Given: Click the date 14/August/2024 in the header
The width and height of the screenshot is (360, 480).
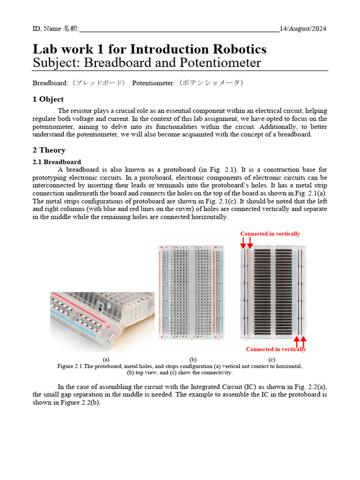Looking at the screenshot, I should pyautogui.click(x=303, y=29).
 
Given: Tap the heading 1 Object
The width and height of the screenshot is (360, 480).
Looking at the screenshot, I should pyautogui.click(x=48, y=99).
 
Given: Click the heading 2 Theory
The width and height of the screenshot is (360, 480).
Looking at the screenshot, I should pyautogui.click(x=49, y=150).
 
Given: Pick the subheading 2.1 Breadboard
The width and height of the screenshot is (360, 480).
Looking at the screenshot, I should pyautogui.click(x=57, y=162).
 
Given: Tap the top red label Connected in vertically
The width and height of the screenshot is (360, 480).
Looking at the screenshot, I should pyautogui.click(x=270, y=233).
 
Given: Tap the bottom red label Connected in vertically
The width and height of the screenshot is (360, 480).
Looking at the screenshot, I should pyautogui.click(x=276, y=349).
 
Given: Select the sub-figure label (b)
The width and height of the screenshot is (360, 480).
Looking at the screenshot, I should pyautogui.click(x=193, y=360).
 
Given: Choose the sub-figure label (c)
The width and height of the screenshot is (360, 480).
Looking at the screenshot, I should pyautogui.click(x=271, y=360).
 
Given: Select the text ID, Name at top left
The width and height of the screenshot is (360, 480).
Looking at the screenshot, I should pyautogui.click(x=46, y=29).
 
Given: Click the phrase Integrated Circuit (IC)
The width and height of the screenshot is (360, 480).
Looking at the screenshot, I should pyautogui.click(x=223, y=387).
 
